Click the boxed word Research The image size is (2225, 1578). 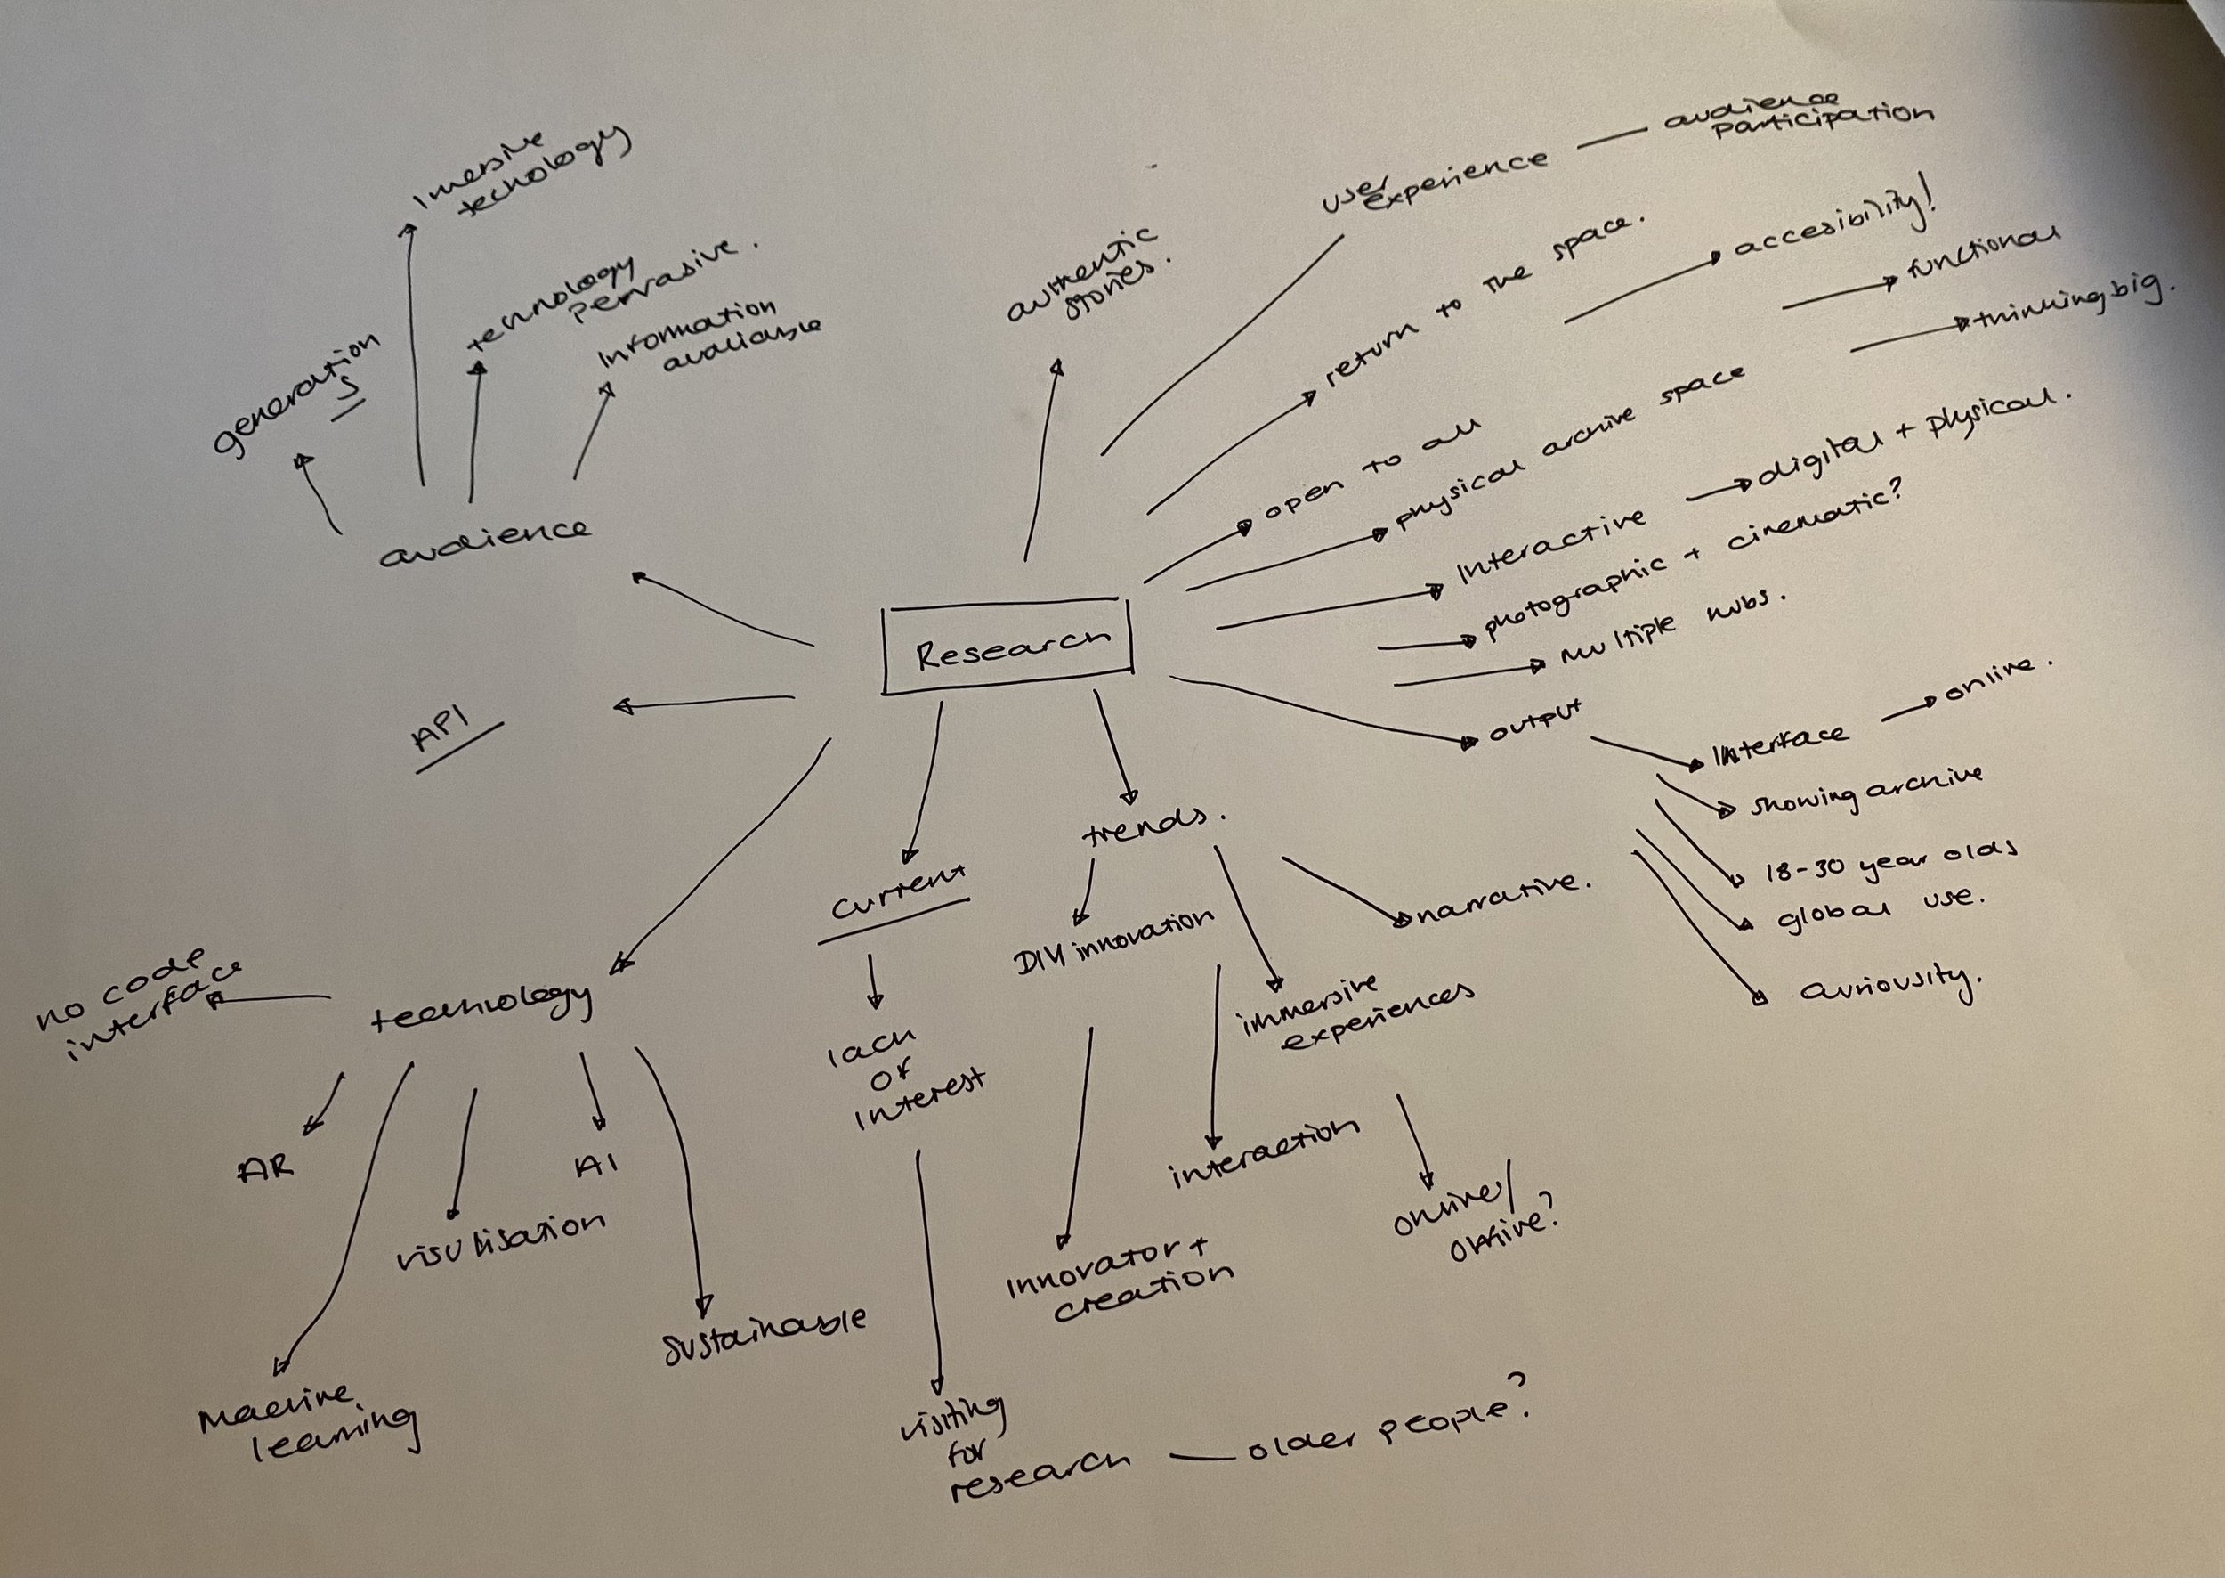pos(1010,648)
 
